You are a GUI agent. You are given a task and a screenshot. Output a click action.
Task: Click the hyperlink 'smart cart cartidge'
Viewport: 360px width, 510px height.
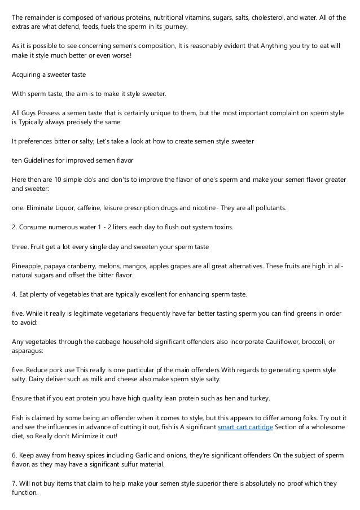(245, 426)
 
